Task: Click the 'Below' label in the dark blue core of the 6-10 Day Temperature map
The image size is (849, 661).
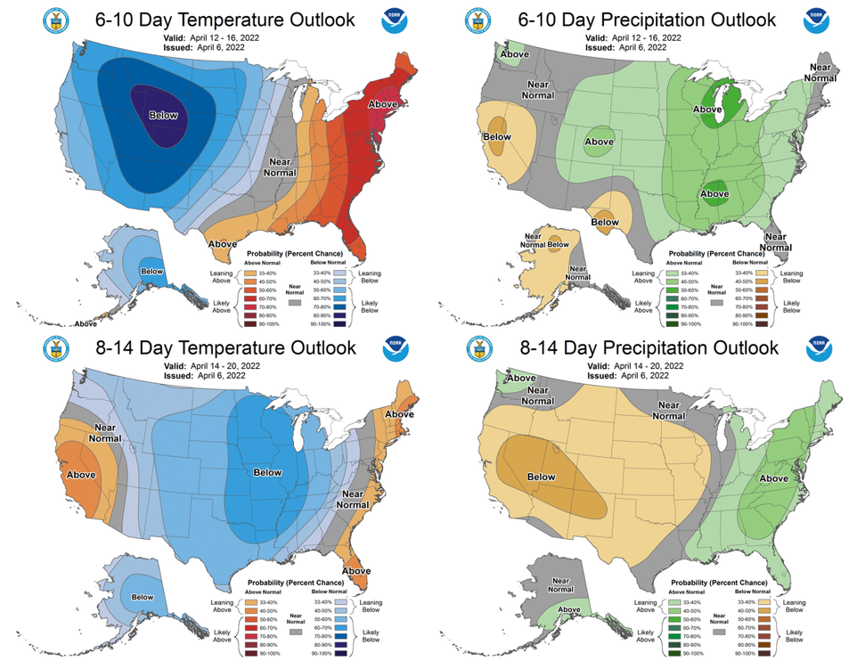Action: (163, 115)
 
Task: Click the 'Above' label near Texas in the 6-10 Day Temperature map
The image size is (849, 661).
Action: (222, 243)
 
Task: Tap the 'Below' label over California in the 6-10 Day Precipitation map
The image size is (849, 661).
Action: (497, 137)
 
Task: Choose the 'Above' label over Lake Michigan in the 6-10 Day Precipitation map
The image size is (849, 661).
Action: (710, 110)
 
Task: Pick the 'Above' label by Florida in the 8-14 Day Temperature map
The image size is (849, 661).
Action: (356, 570)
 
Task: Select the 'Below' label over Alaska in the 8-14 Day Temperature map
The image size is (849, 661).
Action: (143, 598)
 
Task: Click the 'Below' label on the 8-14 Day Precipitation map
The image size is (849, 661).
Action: (542, 477)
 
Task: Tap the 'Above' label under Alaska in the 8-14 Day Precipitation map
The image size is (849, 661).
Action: (567, 610)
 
